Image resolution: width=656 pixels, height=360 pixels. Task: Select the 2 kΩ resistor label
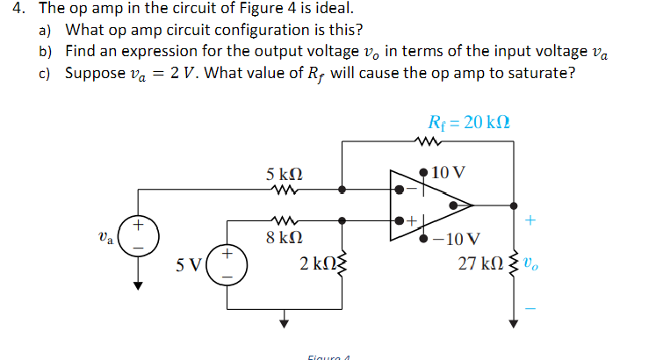click(x=314, y=263)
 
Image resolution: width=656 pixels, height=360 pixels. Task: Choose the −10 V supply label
click(x=461, y=238)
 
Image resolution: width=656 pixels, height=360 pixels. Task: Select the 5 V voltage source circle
click(x=227, y=263)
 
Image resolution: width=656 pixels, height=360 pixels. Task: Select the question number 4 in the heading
click(x=10, y=10)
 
